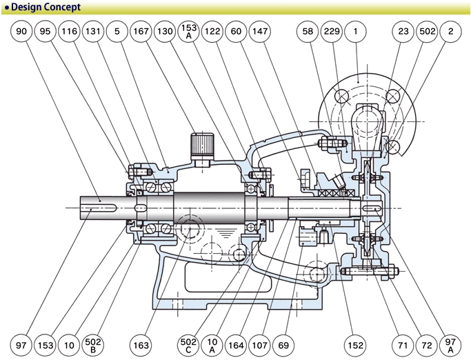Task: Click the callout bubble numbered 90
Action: point(22,32)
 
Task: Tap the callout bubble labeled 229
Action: point(332,32)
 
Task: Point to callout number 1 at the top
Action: point(356,32)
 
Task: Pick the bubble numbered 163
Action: point(141,343)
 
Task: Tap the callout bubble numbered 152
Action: point(356,343)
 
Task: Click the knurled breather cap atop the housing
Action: point(201,144)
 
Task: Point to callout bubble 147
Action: point(260,32)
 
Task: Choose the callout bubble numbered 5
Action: point(117,32)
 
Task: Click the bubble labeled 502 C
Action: point(188,343)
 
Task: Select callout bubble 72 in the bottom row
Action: point(426,343)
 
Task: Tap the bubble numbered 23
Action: point(403,32)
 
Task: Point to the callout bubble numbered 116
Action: point(69,32)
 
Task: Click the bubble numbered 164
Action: point(236,343)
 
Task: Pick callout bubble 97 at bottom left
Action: point(22,343)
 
